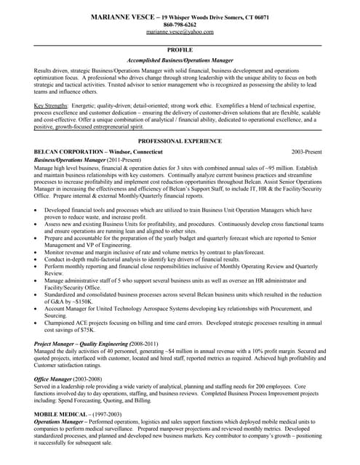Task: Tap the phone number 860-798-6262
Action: tap(180, 25)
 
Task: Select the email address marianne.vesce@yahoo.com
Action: tap(180, 33)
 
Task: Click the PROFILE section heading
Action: tap(180, 49)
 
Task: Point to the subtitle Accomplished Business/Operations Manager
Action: tap(180, 60)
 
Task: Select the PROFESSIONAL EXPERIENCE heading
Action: tap(180, 140)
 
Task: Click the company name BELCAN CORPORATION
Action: tap(68, 151)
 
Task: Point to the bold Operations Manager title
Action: tap(62, 424)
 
